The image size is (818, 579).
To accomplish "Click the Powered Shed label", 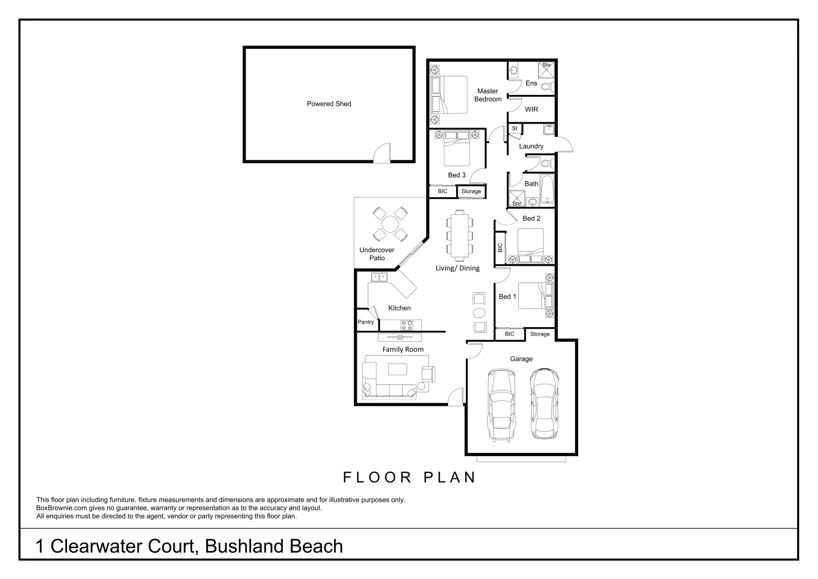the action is [x=329, y=104].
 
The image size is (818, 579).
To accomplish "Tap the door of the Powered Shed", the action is [x=382, y=153].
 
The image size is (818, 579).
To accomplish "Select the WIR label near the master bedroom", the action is [x=532, y=109].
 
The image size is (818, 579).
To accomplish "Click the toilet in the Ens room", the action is [x=548, y=87].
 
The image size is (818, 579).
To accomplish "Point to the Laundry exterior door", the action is [x=564, y=144].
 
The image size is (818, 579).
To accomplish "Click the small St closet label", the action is [x=514, y=128].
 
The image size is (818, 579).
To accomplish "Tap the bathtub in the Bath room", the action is [x=547, y=189].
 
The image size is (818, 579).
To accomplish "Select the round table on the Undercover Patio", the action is [x=390, y=224].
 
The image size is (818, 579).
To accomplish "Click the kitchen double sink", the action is [x=379, y=277].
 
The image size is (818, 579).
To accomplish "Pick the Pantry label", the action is [x=366, y=322].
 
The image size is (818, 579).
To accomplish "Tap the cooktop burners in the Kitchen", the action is [x=407, y=325].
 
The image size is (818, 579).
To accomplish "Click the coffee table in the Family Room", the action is [x=397, y=369].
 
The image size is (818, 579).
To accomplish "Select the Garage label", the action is [x=521, y=359].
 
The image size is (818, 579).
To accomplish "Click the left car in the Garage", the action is [x=502, y=405].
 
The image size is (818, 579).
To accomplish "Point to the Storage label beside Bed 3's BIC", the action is [x=471, y=191].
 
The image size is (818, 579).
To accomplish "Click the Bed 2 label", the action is [x=532, y=218].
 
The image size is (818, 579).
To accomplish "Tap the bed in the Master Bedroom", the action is [x=449, y=95].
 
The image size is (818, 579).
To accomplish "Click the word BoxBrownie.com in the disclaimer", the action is [x=62, y=508].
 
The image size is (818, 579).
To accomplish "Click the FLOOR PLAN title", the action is [x=410, y=477].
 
